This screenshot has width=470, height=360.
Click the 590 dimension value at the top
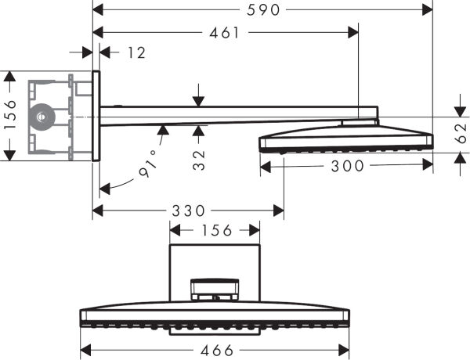262,9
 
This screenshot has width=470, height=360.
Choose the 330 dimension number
188,211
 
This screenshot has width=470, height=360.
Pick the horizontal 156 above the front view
215,230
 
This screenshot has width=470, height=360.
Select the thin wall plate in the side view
96,115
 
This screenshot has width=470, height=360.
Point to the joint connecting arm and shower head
360,121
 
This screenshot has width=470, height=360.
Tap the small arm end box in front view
215,290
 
